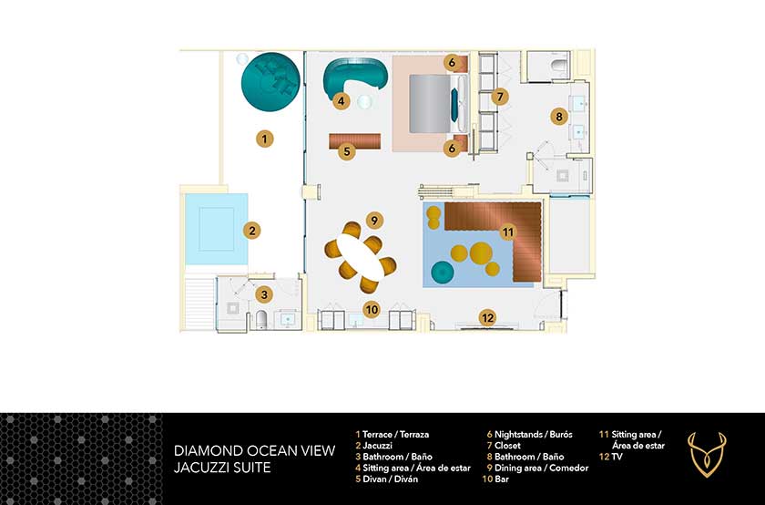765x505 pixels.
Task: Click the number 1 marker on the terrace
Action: tap(264, 139)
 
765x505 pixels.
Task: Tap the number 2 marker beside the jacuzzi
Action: tap(251, 231)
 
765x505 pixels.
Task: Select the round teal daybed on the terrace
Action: tap(270, 81)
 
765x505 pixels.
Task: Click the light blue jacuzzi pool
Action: tap(216, 229)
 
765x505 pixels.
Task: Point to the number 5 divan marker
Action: tap(347, 151)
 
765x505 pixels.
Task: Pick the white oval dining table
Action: tap(361, 257)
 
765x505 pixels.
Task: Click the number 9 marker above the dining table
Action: tap(374, 221)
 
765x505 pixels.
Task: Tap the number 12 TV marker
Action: tap(487, 318)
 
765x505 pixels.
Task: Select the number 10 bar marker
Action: tap(372, 310)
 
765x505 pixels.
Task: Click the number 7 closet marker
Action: tap(500, 97)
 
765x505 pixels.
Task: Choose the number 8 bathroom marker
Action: tap(559, 117)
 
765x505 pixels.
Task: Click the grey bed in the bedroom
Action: tap(429, 104)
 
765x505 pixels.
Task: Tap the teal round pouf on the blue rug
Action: tap(443, 272)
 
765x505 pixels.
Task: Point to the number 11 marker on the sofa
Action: tap(508, 232)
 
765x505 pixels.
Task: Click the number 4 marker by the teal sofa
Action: tap(341, 101)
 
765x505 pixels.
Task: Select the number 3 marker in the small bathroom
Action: tap(264, 294)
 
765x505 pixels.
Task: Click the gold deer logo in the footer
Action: tap(707, 454)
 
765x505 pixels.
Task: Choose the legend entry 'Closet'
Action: tap(507, 446)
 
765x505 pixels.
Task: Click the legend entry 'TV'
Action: tap(617, 457)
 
